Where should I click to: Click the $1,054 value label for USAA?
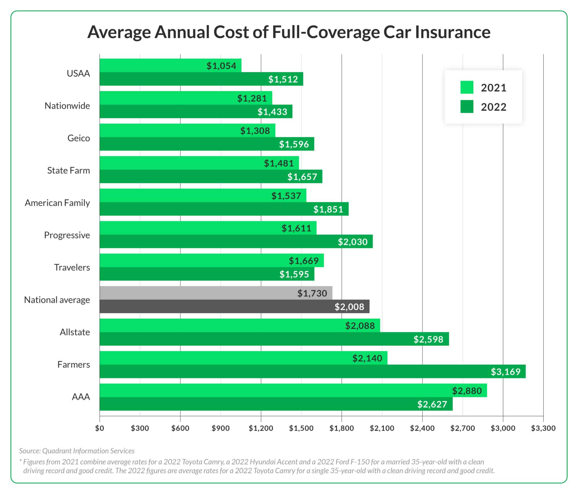click(221, 66)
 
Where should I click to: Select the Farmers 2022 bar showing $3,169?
click(310, 371)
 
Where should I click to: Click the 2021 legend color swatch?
click(467, 88)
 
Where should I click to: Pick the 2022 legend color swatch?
click(467, 107)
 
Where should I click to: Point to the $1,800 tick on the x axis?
click(341, 428)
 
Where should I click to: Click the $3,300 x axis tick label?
click(543, 428)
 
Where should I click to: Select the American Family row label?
click(57, 203)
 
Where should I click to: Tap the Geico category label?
click(78, 138)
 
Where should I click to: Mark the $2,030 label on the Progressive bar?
click(353, 242)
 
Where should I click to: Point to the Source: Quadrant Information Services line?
click(77, 451)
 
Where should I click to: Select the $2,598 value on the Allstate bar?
click(428, 339)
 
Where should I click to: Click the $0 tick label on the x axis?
click(100, 428)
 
